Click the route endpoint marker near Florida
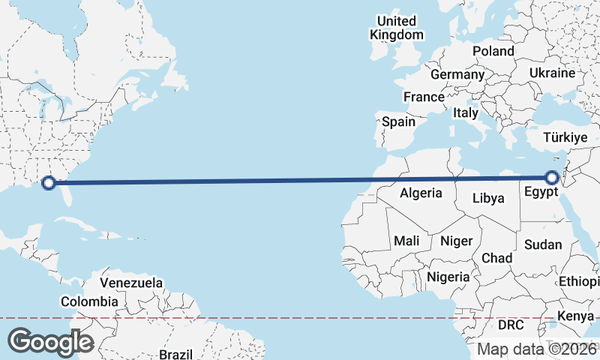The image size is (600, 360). [49, 182]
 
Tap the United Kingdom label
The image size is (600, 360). [397, 28]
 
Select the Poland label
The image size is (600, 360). [493, 51]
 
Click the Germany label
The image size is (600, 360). [457, 74]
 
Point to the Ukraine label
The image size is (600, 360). [552, 73]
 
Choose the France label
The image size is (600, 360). [424, 97]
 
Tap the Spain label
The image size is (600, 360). [398, 121]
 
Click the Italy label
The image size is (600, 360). [466, 112]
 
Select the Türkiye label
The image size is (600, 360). [565, 138]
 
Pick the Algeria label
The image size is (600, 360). [421, 193]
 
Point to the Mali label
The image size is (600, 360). [406, 241]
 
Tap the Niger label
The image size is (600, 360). [456, 241]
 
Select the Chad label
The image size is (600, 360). [497, 258]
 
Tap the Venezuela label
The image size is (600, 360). [131, 283]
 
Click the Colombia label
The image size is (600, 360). [89, 301]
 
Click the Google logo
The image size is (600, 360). [50, 341]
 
